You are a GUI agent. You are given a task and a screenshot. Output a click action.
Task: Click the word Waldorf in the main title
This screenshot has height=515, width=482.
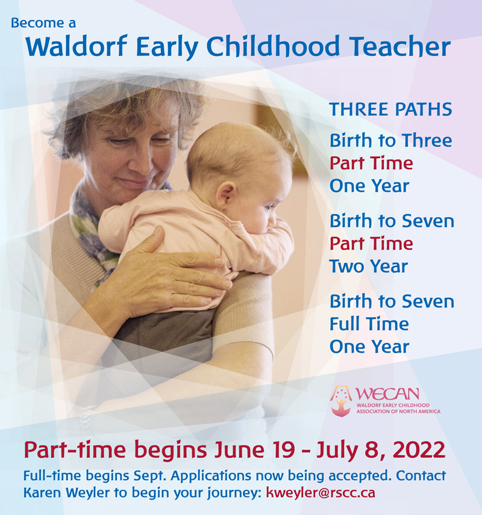pyautogui.click(x=77, y=47)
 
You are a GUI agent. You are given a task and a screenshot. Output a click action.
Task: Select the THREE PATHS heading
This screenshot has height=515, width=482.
pyautogui.click(x=390, y=109)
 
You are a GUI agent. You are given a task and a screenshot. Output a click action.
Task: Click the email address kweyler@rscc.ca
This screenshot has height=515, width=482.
pyautogui.click(x=321, y=493)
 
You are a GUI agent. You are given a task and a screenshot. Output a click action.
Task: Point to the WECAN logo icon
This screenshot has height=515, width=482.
pyautogui.click(x=341, y=401)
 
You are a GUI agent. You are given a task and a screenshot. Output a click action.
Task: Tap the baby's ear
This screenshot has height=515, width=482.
pyautogui.click(x=227, y=195)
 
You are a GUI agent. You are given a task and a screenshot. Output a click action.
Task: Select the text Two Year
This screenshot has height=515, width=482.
pyautogui.click(x=369, y=266)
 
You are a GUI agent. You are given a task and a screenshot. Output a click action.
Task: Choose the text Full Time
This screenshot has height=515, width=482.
pyautogui.click(x=369, y=324)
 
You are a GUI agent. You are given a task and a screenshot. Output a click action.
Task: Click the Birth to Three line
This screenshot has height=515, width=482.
pyautogui.click(x=391, y=141)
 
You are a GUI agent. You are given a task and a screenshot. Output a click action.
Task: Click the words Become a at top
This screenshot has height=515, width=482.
pyautogui.click(x=43, y=23)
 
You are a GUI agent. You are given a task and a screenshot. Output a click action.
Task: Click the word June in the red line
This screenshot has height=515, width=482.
pyautogui.click(x=239, y=450)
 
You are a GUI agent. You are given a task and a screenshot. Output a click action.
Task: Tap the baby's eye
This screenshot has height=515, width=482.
pyautogui.click(x=269, y=207)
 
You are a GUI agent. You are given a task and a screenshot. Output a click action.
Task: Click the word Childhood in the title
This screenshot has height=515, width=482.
pyautogui.click(x=273, y=47)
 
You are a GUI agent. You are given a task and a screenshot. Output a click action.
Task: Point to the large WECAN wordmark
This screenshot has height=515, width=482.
pyautogui.click(x=387, y=393)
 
